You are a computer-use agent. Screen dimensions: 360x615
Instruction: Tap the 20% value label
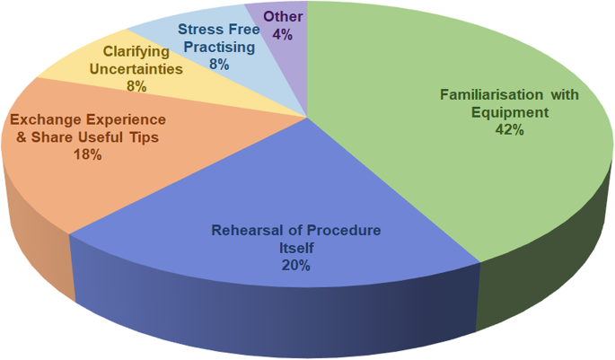tap(295, 265)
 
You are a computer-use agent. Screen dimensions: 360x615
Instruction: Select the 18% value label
tap(87, 154)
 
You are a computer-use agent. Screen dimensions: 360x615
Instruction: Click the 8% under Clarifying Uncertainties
tap(136, 87)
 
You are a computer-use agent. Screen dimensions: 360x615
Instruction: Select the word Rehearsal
tap(243, 231)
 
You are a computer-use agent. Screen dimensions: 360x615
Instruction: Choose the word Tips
tap(150, 136)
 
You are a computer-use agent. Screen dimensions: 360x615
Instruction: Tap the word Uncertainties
tap(136, 69)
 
